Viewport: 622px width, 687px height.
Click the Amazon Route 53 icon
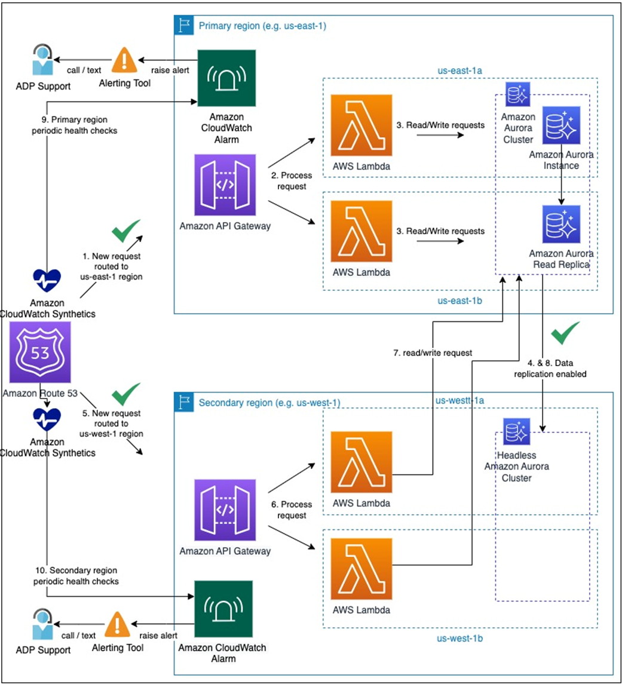tap(40, 352)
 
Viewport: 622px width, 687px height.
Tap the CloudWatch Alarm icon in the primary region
tap(226, 78)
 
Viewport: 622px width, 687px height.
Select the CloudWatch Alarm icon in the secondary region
tap(223, 609)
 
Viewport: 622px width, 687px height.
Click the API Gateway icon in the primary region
tap(225, 185)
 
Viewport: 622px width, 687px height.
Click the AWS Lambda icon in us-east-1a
tap(361, 126)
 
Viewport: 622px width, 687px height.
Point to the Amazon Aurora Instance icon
tap(561, 125)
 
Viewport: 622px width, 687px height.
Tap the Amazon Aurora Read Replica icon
tap(561, 225)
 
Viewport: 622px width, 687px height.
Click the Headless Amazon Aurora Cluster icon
tap(517, 431)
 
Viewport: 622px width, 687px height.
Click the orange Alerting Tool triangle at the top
tap(124, 60)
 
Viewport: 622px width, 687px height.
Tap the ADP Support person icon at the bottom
tap(42, 624)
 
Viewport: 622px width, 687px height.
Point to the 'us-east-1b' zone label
tap(459, 300)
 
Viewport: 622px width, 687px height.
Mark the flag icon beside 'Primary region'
tap(183, 25)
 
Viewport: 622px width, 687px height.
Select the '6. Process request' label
tap(292, 510)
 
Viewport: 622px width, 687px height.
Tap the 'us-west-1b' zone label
tap(459, 639)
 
